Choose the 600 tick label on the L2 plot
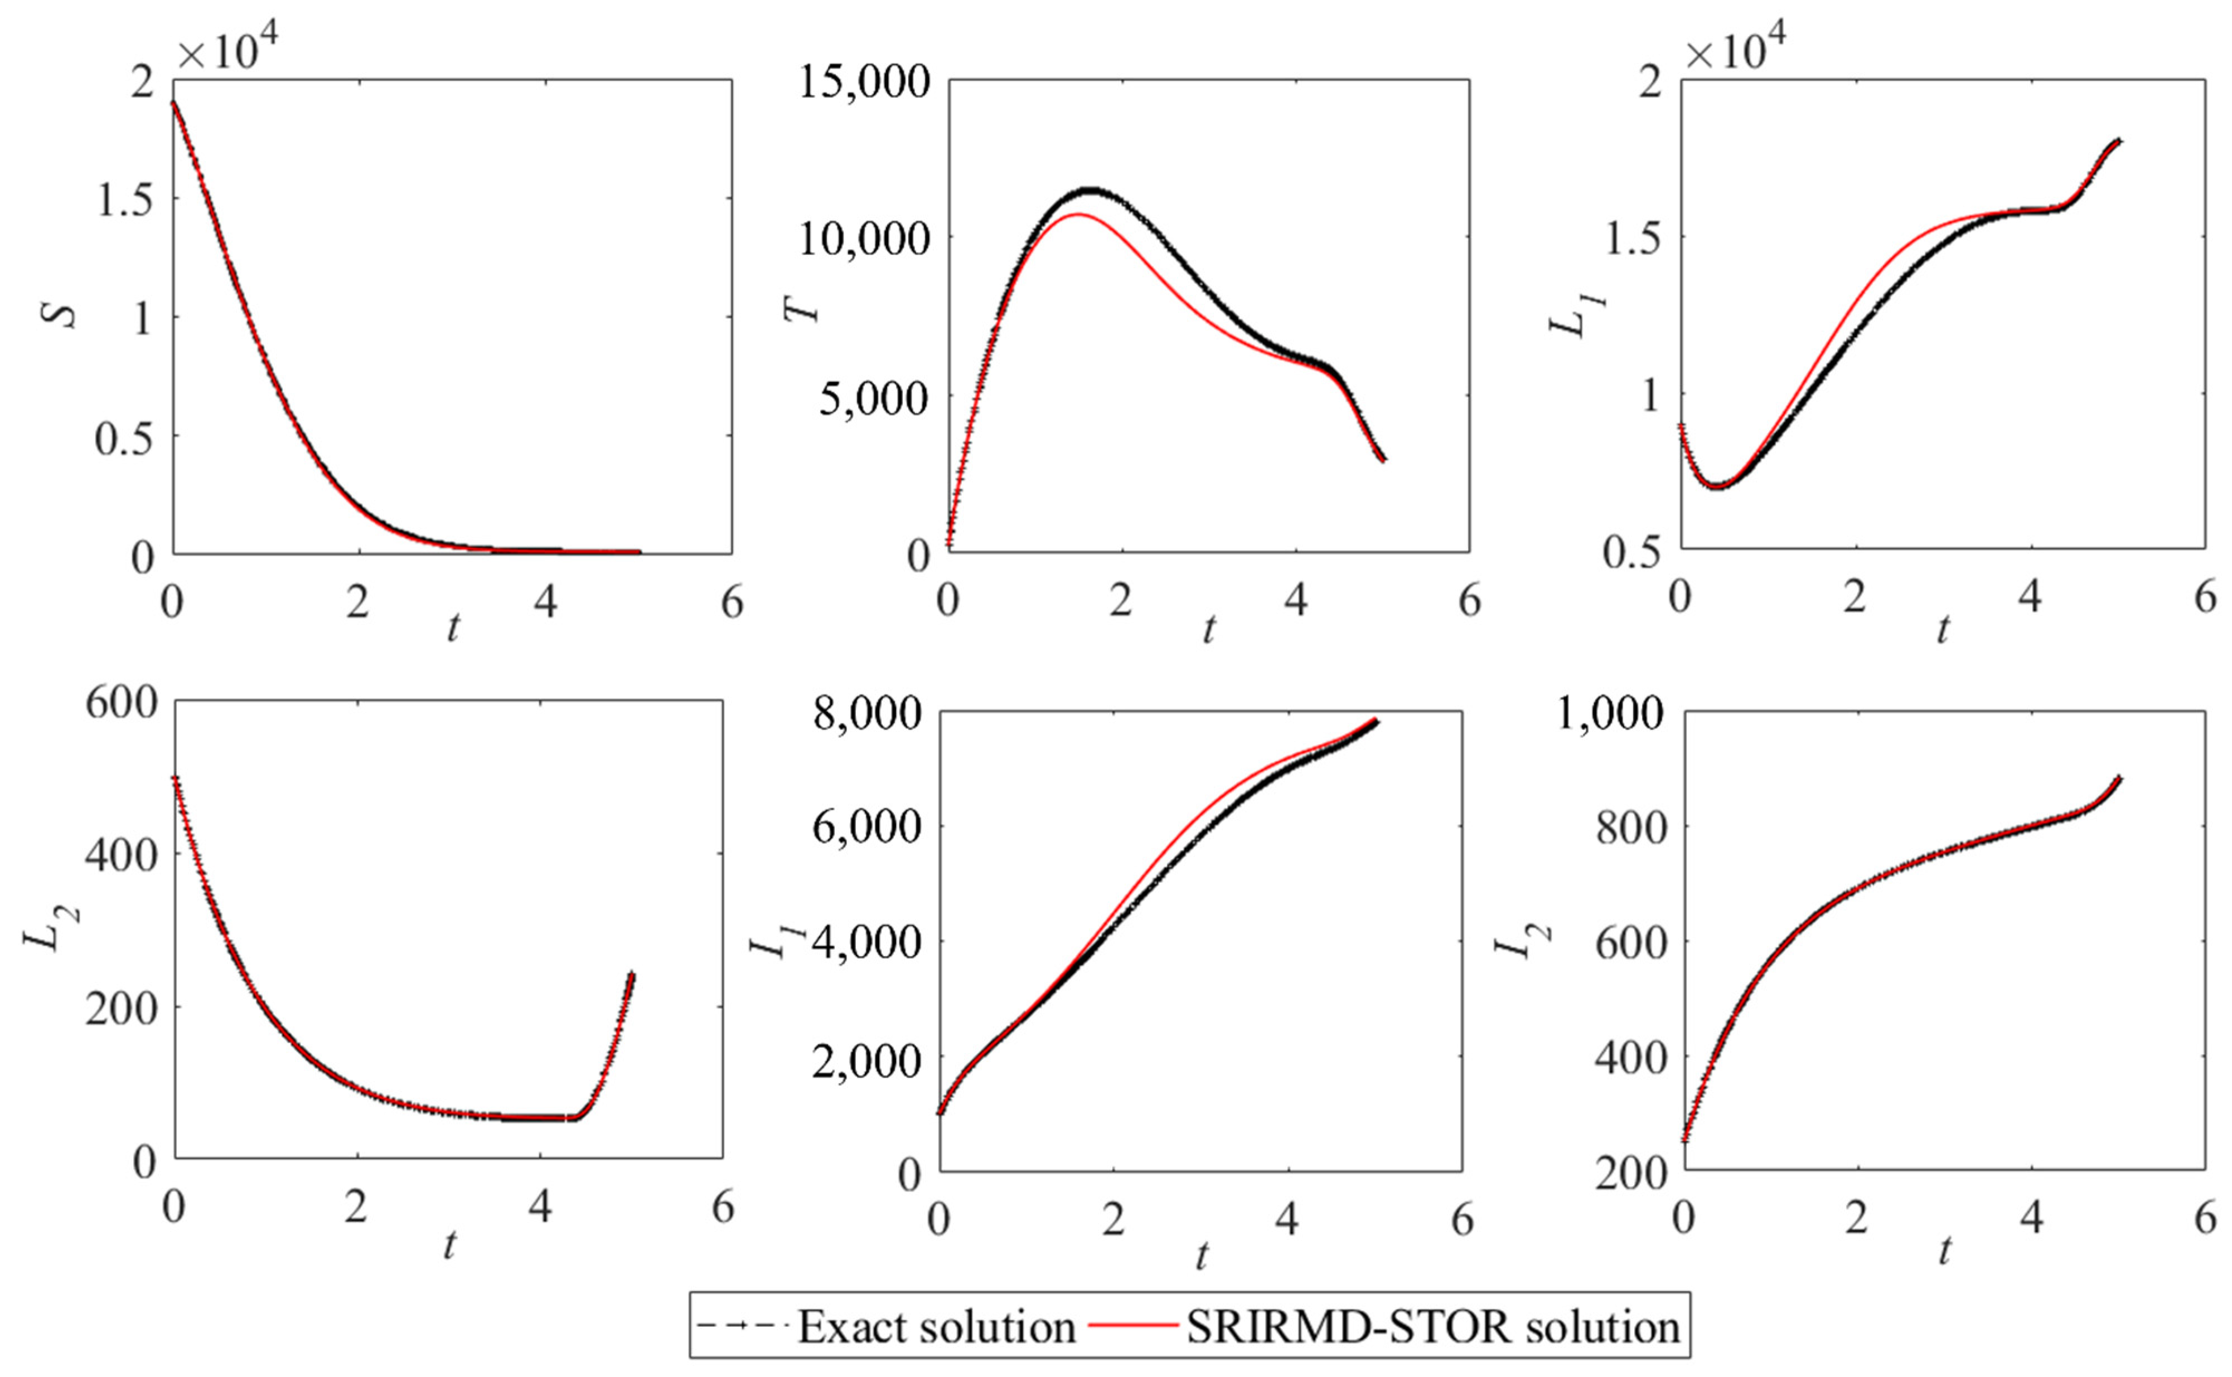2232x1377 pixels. [x=120, y=703]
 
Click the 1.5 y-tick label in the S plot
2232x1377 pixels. [x=124, y=201]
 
